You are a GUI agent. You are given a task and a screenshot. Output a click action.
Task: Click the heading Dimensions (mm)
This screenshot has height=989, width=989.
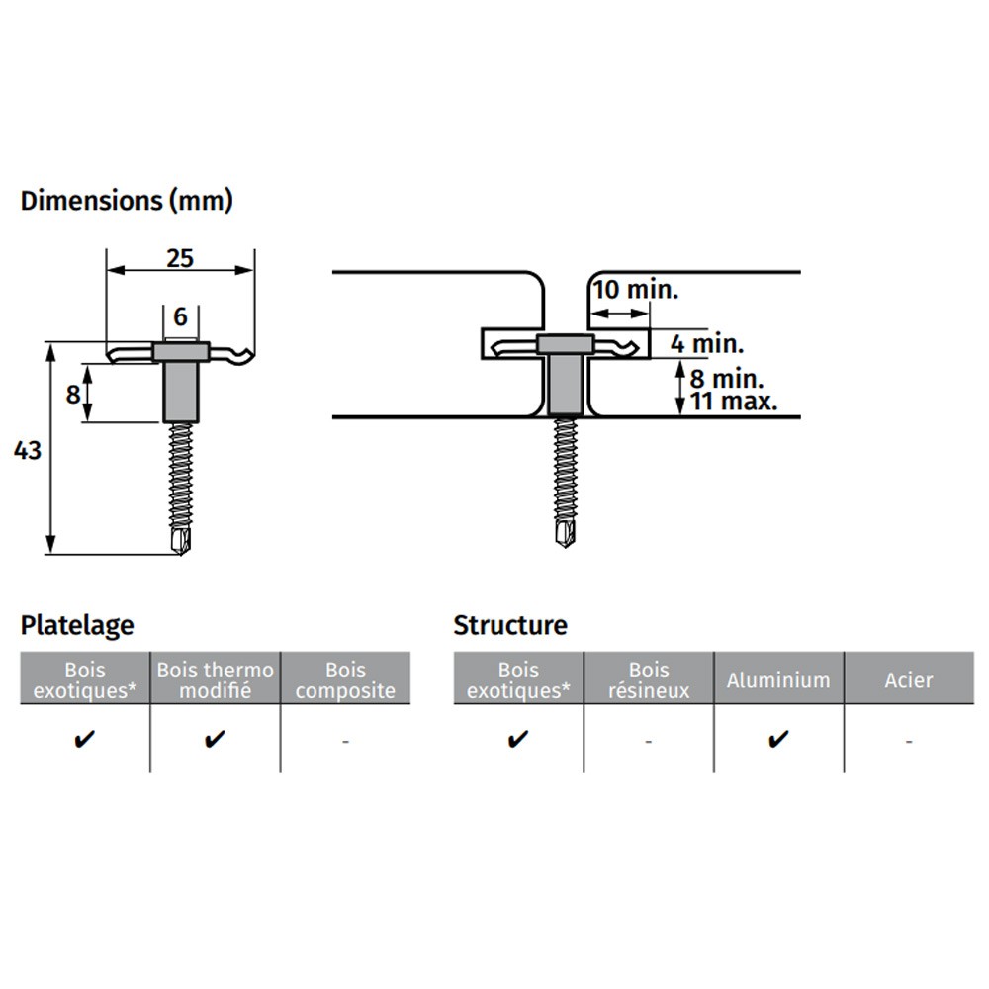127,201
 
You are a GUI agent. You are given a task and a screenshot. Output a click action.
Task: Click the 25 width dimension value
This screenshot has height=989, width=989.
180,258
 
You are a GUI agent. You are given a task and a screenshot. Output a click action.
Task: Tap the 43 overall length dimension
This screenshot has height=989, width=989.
27,450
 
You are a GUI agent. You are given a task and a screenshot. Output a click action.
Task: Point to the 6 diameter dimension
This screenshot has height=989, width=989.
180,316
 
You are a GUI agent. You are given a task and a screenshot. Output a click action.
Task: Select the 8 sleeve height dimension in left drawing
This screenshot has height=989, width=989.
73,395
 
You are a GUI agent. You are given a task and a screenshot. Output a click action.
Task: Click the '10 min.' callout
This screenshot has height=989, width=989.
635,290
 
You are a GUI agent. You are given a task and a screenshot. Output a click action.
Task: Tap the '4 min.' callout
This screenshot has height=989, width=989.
707,344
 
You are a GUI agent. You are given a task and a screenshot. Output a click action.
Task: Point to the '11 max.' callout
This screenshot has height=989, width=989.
734,402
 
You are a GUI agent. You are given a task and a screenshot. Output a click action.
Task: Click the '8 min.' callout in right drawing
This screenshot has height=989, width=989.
727,379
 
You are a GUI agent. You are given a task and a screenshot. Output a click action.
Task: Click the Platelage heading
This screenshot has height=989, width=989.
77,625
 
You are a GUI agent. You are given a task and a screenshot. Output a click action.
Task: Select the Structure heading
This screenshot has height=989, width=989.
510,625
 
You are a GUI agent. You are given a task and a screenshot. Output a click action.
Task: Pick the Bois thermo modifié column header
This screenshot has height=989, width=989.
215,679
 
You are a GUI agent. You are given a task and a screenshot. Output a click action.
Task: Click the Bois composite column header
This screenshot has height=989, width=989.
345,679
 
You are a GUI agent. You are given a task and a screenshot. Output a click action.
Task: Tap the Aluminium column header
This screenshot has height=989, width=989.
778,680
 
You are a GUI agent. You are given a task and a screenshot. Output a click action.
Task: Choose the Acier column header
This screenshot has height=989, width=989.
908,680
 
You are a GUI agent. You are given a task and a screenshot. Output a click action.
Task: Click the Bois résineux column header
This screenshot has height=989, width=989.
649,679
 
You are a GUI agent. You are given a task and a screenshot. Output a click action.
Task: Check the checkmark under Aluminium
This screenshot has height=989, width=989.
778,738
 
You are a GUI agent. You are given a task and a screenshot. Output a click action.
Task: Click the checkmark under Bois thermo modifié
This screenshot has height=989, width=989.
215,738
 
